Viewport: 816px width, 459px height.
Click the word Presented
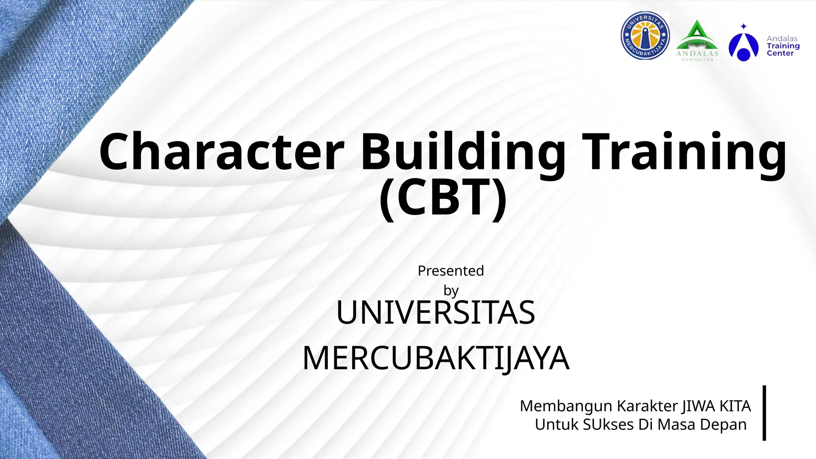tap(451, 271)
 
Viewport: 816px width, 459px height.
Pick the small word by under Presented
tap(451, 291)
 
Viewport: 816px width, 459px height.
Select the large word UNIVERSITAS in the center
tap(435, 313)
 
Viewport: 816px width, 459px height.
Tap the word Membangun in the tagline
tap(566, 406)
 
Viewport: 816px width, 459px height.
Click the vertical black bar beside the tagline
tap(764, 413)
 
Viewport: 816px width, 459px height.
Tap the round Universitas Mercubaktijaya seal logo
tap(645, 36)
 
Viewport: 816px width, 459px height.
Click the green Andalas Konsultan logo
tap(697, 40)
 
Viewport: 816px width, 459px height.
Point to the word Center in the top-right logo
tap(780, 53)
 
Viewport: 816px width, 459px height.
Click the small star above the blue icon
tap(743, 26)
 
